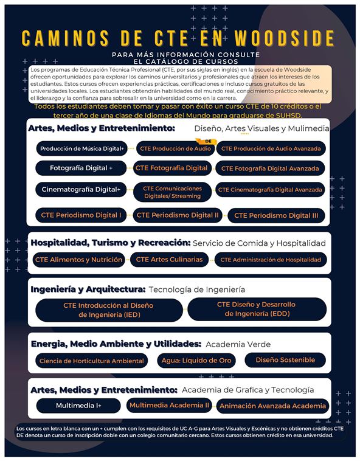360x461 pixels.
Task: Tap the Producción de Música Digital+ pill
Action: click(82, 148)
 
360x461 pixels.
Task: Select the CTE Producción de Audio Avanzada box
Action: click(272, 148)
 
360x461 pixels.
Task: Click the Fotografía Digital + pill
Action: click(82, 168)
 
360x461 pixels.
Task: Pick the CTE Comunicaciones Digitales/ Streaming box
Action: click(172, 192)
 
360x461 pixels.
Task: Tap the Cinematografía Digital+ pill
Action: click(81, 190)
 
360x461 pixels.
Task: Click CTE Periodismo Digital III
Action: click(275, 215)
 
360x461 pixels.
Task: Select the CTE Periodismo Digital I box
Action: click(81, 215)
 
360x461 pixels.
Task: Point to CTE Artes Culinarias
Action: click(169, 260)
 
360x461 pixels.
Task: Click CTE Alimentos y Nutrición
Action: click(78, 260)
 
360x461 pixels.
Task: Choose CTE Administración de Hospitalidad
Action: click(270, 260)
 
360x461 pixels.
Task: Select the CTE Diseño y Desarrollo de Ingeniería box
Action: click(256, 309)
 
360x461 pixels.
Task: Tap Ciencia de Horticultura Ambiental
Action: click(92, 361)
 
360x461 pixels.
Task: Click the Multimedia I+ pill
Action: click(78, 406)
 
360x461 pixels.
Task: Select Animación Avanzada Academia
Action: click(272, 406)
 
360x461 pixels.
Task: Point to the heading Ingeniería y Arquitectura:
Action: click(88, 289)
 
